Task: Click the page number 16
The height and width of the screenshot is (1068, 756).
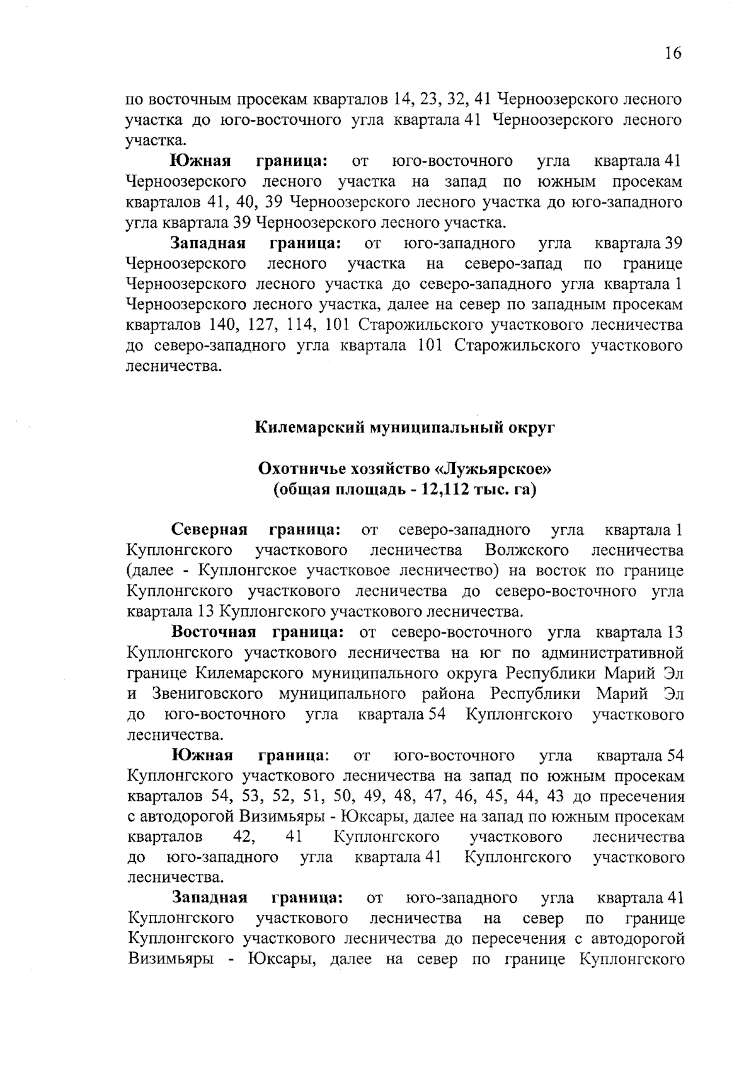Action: (x=672, y=53)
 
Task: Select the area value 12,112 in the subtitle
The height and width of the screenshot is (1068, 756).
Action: (x=441, y=489)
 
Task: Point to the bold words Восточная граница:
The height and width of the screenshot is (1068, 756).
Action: (x=258, y=632)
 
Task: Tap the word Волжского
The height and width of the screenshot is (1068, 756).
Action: (x=527, y=550)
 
